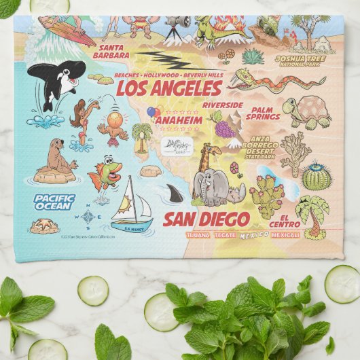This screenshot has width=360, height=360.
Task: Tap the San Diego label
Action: pos(206,219)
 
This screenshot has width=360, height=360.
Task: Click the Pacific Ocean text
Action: pos(54,201)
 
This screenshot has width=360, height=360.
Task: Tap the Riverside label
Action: pos(222,105)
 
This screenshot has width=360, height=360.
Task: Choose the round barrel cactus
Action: pos(316,177)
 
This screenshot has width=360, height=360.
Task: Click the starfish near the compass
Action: pos(44,226)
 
